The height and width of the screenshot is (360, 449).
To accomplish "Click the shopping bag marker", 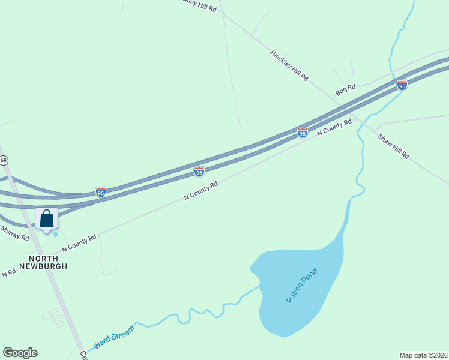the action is tap(47, 218).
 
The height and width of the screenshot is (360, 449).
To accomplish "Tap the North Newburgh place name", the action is tap(42, 262).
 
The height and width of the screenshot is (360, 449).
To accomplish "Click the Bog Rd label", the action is tap(346, 90).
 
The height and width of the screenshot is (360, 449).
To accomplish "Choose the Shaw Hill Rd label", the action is tap(393, 146).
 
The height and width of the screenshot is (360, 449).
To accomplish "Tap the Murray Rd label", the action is tap(14, 233).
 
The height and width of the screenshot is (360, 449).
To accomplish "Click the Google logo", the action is tap(20, 353).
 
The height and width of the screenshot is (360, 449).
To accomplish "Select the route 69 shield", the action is tap(4, 160).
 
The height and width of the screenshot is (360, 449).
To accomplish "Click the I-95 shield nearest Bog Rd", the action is tap(402, 85).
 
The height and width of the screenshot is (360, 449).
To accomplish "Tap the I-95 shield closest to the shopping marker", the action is tap(101, 192).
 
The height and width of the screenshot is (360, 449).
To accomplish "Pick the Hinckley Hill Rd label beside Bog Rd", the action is tap(289, 66).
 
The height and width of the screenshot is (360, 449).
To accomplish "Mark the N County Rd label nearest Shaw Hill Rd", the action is tap(334, 127).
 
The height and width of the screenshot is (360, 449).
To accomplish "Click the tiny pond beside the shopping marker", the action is tap(56, 234).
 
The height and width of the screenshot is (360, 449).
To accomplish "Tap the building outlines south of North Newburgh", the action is tap(53, 317).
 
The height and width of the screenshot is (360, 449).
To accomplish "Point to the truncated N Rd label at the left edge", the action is tap(8, 273).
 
